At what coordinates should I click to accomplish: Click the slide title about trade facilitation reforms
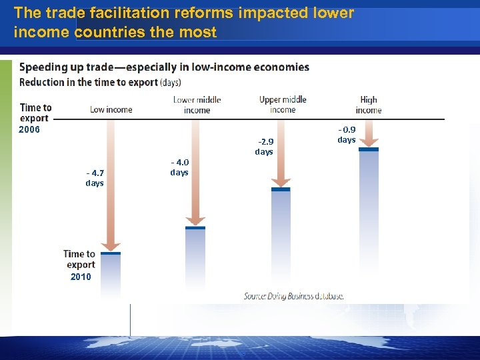click(x=183, y=22)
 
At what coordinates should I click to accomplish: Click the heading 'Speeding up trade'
click(x=164, y=67)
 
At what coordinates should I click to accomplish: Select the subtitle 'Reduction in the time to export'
click(x=100, y=82)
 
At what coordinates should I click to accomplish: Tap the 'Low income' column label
click(x=111, y=109)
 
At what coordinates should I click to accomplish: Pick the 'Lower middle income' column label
click(x=197, y=105)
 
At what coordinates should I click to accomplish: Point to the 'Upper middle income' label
click(x=283, y=105)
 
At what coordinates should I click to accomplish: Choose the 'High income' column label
click(x=368, y=105)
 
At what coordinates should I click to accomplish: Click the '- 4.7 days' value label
click(x=95, y=177)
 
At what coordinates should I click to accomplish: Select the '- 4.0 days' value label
click(x=179, y=167)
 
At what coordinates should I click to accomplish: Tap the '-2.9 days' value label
click(x=264, y=147)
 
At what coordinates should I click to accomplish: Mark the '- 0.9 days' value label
click(x=347, y=135)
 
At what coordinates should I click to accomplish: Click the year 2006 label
click(x=29, y=129)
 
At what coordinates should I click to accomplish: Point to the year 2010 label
click(x=81, y=277)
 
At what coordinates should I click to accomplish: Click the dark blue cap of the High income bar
click(x=369, y=149)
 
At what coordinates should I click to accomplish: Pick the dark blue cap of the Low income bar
click(x=111, y=253)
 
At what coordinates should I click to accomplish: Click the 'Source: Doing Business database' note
click(x=293, y=296)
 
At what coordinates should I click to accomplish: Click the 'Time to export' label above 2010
click(x=80, y=259)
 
